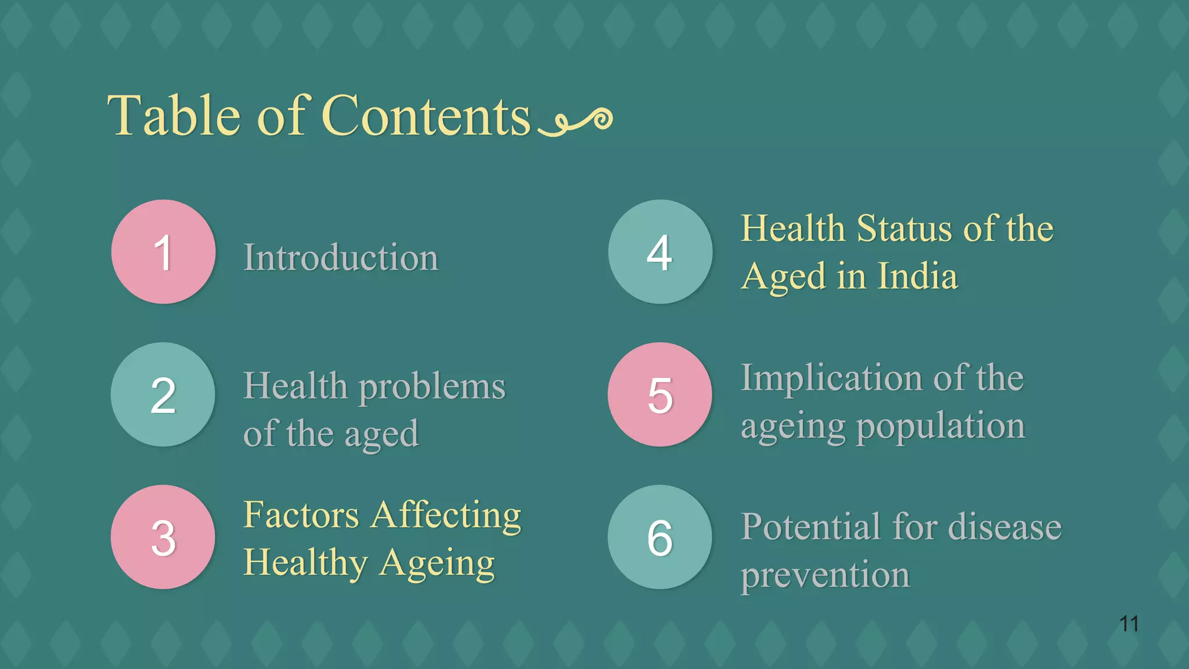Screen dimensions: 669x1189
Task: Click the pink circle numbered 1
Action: (163, 252)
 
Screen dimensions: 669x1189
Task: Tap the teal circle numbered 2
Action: (163, 395)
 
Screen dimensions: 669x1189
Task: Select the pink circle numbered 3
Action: (163, 537)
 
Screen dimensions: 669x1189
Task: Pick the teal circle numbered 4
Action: (660, 252)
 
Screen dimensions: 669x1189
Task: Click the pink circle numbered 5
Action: (660, 395)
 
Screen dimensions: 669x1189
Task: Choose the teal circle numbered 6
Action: (660, 537)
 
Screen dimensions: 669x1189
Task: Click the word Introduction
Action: (340, 257)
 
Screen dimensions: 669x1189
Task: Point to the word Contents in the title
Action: (426, 116)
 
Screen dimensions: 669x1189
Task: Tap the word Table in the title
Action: (174, 116)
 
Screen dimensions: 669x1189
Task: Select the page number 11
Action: (1129, 624)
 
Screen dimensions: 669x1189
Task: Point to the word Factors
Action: (301, 515)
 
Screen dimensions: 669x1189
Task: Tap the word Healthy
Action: (305, 563)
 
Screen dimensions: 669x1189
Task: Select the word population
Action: (941, 427)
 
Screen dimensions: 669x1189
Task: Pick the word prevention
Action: (825, 576)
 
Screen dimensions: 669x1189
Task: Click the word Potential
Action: (811, 527)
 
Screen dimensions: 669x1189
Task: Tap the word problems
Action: (432, 387)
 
